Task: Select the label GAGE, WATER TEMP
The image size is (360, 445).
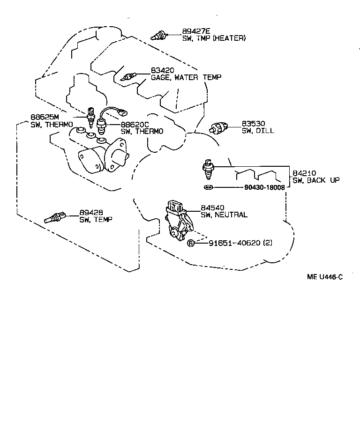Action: click(186, 77)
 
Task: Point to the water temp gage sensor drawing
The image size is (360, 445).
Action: click(128, 76)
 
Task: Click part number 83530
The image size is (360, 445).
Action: click(254, 124)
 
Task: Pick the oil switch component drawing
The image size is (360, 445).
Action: click(218, 126)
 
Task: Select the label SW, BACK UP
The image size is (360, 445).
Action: click(316, 180)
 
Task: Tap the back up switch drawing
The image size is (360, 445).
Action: click(207, 170)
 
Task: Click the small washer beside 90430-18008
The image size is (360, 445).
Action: click(208, 188)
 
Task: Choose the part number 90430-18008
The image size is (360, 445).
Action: click(264, 188)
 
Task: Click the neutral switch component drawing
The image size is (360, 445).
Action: click(178, 218)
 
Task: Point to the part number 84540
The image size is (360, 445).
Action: click(213, 208)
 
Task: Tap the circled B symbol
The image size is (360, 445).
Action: click(191, 243)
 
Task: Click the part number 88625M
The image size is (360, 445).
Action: click(45, 118)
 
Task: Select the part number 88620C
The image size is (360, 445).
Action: click(135, 125)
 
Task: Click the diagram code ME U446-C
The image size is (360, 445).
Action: click(325, 277)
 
